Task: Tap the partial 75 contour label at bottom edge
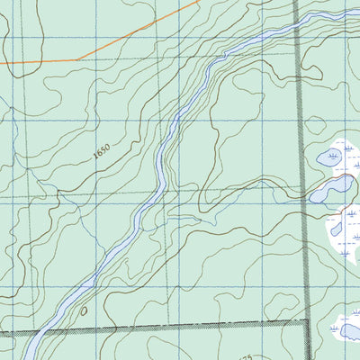[x=246, y=357]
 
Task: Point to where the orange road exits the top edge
[x=198, y=1]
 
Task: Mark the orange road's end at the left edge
[x=1, y=63]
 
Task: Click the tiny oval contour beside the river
[x=84, y=311]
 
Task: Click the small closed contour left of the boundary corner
[x=270, y=310]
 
